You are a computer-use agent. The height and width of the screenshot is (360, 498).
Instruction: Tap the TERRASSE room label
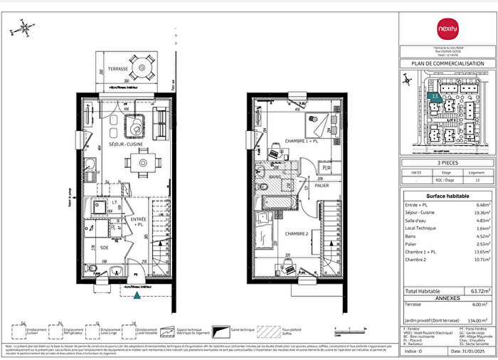click(x=119, y=69)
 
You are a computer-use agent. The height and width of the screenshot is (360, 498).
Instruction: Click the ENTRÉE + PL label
click(x=139, y=221)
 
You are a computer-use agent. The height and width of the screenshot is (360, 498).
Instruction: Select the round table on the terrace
click(x=142, y=69)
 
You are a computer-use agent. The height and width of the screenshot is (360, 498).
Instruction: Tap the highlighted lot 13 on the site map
click(x=435, y=96)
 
